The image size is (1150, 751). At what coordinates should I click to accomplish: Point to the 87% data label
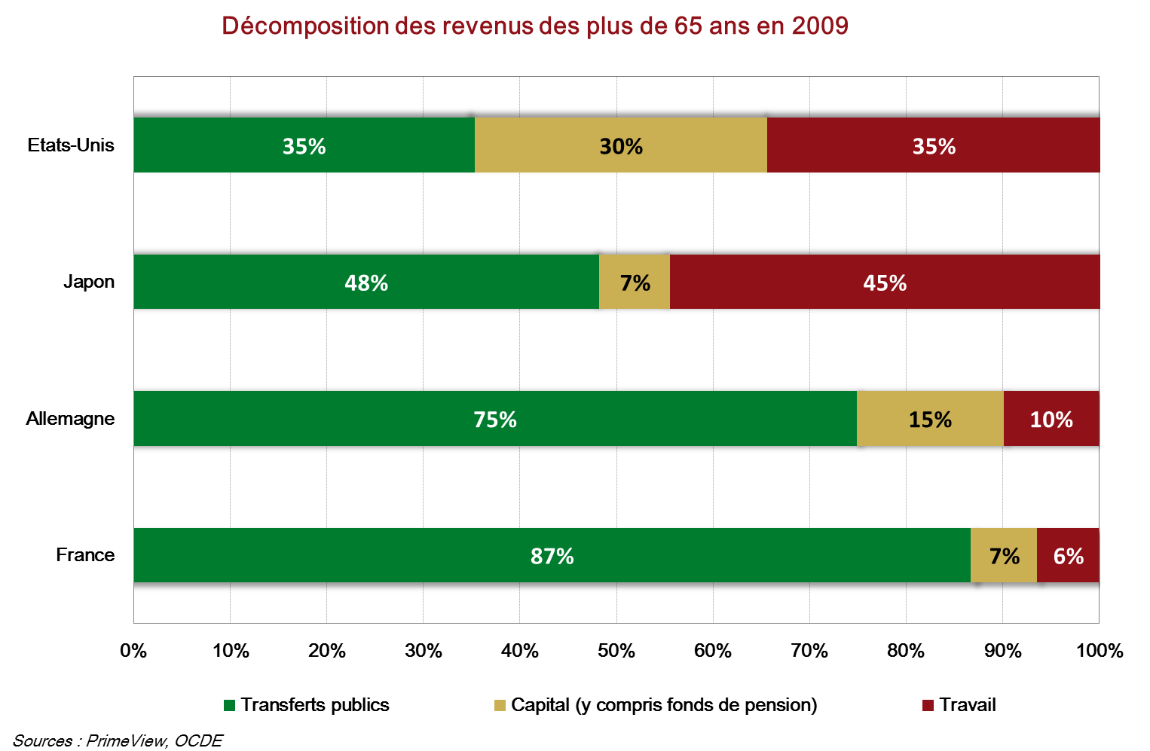pyautogui.click(x=552, y=556)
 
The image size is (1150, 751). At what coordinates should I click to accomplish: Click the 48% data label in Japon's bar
pyautogui.click(x=366, y=282)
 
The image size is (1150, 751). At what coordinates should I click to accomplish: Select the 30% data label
pyautogui.click(x=621, y=145)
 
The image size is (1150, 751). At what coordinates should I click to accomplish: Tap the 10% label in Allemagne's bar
pyautogui.click(x=1051, y=420)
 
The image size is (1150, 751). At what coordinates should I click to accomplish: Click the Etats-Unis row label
pyautogui.click(x=71, y=145)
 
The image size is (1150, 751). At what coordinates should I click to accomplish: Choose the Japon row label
pyautogui.click(x=89, y=282)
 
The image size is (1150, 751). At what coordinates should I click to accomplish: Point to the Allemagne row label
pyautogui.click(x=70, y=419)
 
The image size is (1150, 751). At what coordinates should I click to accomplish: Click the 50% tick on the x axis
pyautogui.click(x=616, y=651)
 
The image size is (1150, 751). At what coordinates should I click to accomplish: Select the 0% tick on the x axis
pyautogui.click(x=133, y=651)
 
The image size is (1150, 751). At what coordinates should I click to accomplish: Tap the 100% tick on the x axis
pyautogui.click(x=1100, y=651)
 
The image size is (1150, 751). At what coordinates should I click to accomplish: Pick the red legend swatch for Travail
pyautogui.click(x=928, y=706)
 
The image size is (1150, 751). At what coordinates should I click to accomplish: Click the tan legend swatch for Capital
pyautogui.click(x=500, y=706)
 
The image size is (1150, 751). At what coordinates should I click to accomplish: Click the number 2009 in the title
pyautogui.click(x=820, y=26)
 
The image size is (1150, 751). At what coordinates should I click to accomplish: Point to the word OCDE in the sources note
pyautogui.click(x=198, y=740)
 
